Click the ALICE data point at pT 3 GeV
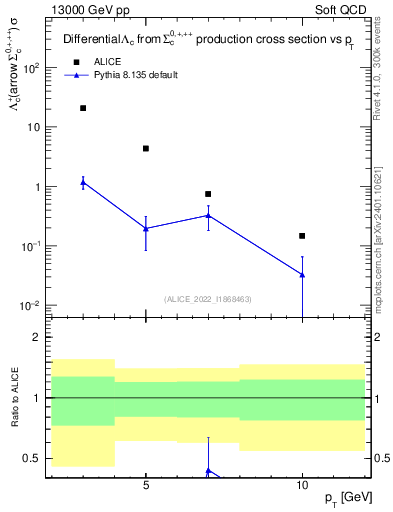pos(83,108)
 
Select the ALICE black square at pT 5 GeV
pos(146,148)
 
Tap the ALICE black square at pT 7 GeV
pos(208,194)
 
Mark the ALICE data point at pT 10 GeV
pos(302,236)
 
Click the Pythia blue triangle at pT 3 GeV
pos(83,182)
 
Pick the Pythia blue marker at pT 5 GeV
pos(146,228)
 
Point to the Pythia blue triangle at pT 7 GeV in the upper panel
pos(208,215)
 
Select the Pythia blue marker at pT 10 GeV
pos(302,274)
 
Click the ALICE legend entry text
pos(109,61)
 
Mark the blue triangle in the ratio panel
pos(208,470)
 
